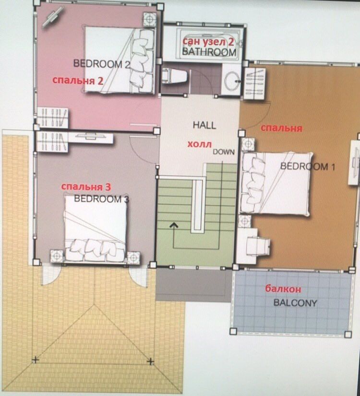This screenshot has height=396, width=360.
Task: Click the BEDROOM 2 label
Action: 102,64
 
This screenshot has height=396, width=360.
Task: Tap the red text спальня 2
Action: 78,81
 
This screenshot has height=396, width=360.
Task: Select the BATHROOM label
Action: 209,52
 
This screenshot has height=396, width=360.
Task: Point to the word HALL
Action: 204,125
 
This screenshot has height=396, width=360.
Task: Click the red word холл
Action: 200,144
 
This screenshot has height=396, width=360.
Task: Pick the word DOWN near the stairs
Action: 224,152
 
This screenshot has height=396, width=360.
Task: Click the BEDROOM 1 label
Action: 308,167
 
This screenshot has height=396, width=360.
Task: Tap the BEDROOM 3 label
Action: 101,199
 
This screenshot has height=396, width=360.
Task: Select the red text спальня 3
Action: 86,187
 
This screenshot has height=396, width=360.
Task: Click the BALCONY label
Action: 295,303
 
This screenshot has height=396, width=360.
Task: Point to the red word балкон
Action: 283,289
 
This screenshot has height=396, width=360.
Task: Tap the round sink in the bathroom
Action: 232,81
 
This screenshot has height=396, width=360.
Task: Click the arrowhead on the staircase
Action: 173,225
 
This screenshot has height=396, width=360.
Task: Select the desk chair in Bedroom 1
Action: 258,246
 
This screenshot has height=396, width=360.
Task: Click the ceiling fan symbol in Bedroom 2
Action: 53,17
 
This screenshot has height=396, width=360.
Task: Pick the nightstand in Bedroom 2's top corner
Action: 149,19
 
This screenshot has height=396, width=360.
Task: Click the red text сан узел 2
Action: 208,42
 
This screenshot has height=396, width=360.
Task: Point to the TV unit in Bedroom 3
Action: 91,138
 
